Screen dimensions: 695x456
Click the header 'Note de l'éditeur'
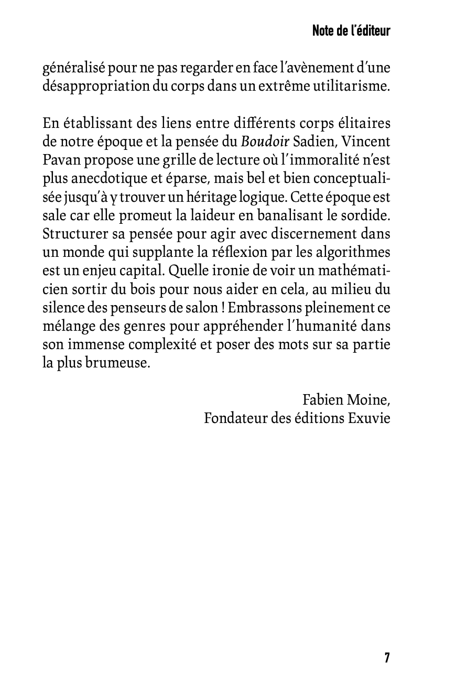click(x=351, y=31)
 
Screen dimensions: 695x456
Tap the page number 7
click(x=387, y=658)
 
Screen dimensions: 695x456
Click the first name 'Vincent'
click(x=368, y=142)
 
